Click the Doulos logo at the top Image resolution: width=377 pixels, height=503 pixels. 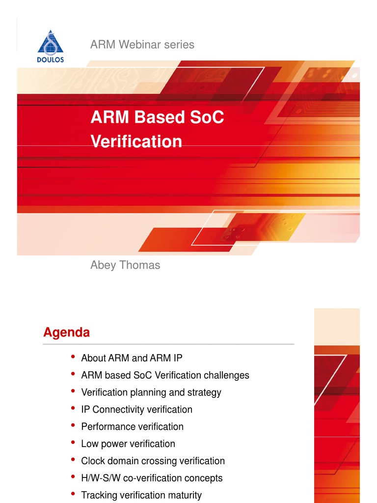(51, 47)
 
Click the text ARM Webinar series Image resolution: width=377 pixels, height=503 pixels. (142, 45)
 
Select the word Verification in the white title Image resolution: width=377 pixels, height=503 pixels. (136, 141)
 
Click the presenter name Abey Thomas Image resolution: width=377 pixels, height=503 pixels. (125, 265)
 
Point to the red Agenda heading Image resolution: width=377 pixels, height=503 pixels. (66, 333)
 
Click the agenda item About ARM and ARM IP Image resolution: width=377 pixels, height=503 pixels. (132, 358)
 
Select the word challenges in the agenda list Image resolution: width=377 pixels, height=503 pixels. (226, 375)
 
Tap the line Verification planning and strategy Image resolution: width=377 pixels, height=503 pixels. (151, 392)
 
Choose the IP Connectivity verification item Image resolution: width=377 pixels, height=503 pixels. (136, 410)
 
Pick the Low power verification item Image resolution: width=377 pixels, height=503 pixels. (128, 444)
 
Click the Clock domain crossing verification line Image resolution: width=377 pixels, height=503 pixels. (153, 461)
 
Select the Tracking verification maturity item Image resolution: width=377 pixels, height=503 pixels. (141, 495)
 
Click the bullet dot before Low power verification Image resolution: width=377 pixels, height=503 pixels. (73, 443)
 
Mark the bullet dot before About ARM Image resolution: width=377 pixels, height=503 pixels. (73, 357)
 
